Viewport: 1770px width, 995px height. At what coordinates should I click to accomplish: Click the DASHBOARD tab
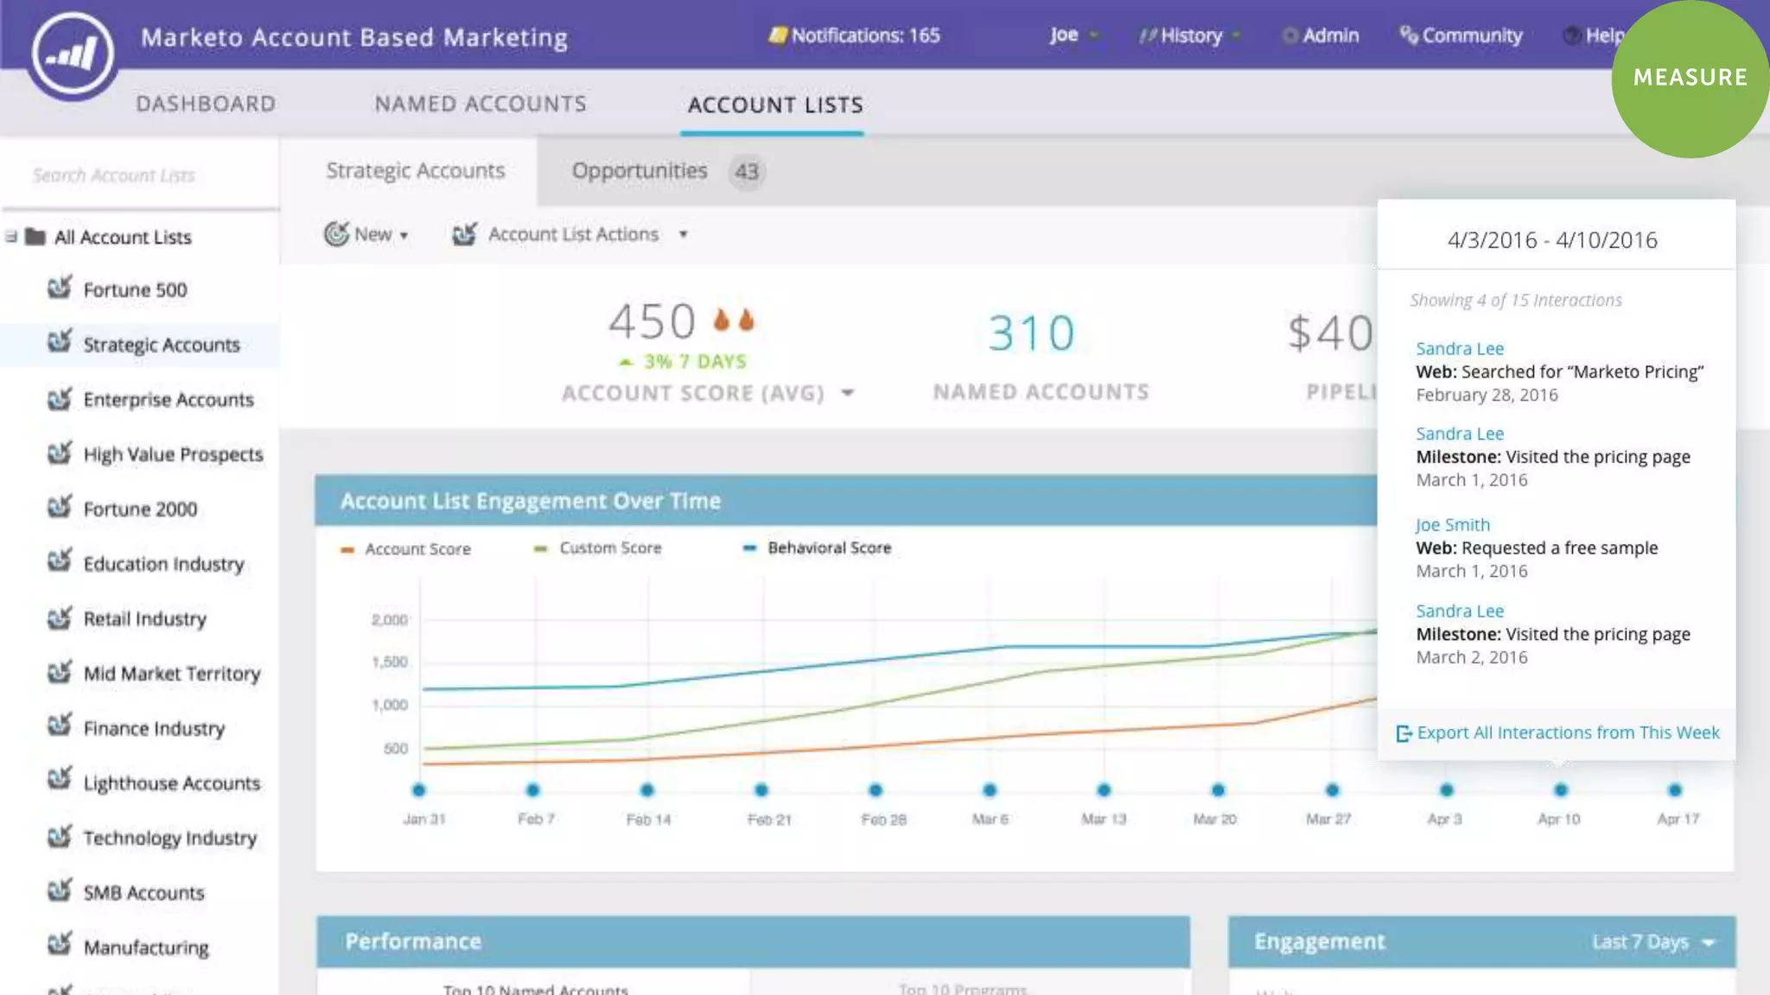[x=206, y=104]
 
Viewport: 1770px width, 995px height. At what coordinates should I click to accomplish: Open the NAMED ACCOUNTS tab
[x=481, y=104]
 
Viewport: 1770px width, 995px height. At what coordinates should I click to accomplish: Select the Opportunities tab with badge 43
[x=665, y=171]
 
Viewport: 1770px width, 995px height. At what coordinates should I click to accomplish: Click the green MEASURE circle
[x=1690, y=78]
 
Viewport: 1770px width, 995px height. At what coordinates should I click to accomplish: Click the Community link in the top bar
[x=1461, y=35]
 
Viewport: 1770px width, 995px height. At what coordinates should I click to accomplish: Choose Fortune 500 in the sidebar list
[x=135, y=290]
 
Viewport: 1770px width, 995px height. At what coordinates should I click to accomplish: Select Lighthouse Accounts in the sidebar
[x=171, y=783]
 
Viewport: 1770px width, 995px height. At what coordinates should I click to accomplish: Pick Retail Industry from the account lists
[x=144, y=619]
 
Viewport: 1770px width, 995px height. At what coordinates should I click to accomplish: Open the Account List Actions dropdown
[x=572, y=234]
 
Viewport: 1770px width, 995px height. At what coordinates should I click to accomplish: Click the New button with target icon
[x=366, y=234]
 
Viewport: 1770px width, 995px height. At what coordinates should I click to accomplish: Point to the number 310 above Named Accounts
[x=1031, y=333]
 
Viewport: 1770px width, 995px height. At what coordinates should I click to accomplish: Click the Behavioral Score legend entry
[x=828, y=548]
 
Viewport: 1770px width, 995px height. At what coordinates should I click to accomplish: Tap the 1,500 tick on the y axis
[x=390, y=662]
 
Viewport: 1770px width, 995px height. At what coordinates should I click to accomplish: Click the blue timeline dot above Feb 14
[x=647, y=790]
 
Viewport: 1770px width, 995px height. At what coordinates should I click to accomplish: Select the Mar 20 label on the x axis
[x=1214, y=819]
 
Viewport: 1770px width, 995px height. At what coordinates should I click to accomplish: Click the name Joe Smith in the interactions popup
[x=1452, y=524]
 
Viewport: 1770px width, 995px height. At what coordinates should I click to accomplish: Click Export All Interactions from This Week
[x=1566, y=732]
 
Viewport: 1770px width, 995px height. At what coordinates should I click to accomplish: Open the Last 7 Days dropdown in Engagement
[x=1652, y=941]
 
